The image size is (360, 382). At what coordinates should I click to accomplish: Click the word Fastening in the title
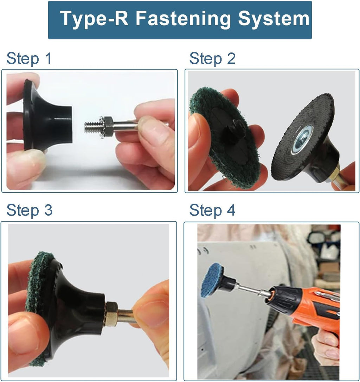pyautogui.click(x=183, y=19)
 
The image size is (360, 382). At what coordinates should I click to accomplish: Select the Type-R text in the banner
pyautogui.click(x=94, y=19)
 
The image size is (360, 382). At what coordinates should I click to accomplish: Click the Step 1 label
pyautogui.click(x=29, y=59)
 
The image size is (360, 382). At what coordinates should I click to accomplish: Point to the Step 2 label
pyautogui.click(x=212, y=59)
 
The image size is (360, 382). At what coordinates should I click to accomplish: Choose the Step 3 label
pyautogui.click(x=29, y=210)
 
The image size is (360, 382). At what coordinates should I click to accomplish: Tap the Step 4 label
pyautogui.click(x=212, y=210)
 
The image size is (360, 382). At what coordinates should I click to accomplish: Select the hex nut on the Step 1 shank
pyautogui.click(x=107, y=127)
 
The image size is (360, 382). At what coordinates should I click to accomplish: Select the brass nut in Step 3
pyautogui.click(x=111, y=314)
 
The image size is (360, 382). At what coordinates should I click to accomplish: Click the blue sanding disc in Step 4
pyautogui.click(x=212, y=280)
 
